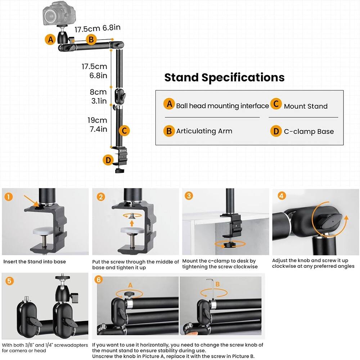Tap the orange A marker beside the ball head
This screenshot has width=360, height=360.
(50, 39)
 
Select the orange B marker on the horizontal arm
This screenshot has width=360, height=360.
(91, 40)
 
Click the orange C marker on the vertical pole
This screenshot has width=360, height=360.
(123, 130)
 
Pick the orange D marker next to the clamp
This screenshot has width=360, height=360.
(107, 159)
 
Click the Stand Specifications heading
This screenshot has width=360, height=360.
(224, 77)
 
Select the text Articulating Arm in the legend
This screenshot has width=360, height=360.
(204, 131)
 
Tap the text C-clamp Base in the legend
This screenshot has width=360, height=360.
(309, 131)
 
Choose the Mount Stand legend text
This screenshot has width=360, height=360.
(305, 106)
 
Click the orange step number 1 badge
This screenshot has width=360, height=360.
(9, 197)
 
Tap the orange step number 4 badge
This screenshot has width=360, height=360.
(282, 196)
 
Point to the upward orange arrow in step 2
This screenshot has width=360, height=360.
(132, 223)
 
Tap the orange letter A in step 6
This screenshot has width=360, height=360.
(130, 285)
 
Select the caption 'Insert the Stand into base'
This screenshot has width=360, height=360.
(35, 262)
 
